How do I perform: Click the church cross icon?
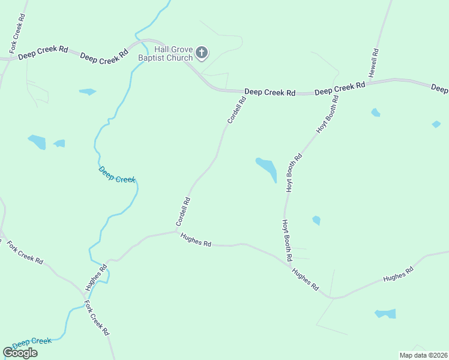pyautogui.click(x=202, y=53)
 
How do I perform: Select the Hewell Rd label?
pyautogui.click(x=373, y=62)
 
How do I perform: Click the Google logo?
pyautogui.click(x=20, y=353)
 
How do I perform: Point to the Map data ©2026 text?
pyautogui.click(x=423, y=355)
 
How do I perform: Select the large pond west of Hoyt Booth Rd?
pyautogui.click(x=267, y=169)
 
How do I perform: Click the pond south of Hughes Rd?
pyautogui.click(x=385, y=314)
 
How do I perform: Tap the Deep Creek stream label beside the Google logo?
pyautogui.click(x=32, y=342)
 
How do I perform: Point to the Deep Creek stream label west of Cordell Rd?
pyautogui.click(x=117, y=175)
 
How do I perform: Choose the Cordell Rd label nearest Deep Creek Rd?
pyautogui.click(x=237, y=110)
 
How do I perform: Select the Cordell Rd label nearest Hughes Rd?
pyautogui.click(x=183, y=212)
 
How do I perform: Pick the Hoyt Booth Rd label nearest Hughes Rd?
pyautogui.click(x=287, y=239)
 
